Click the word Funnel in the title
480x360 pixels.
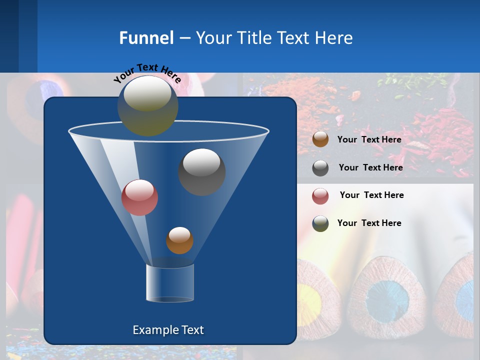pyautogui.click(x=146, y=38)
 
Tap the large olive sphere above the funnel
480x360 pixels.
pyautogui.click(x=148, y=105)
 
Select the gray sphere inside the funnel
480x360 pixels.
pyautogui.click(x=202, y=171)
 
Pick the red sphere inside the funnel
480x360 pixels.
pyautogui.click(x=139, y=197)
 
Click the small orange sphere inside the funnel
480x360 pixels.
pyautogui.click(x=179, y=240)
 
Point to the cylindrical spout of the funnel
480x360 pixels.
pyautogui.click(x=170, y=283)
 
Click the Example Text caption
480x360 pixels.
pyautogui.click(x=168, y=330)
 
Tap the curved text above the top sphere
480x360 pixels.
pyautogui.click(x=147, y=73)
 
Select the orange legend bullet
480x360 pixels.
pyautogui.click(x=320, y=139)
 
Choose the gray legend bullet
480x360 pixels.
pyautogui.click(x=320, y=167)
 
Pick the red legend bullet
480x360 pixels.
pyautogui.click(x=320, y=195)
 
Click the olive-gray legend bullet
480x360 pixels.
pyautogui.click(x=320, y=223)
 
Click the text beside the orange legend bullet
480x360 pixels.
pyautogui.click(x=369, y=139)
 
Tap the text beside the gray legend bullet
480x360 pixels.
pyautogui.click(x=370, y=167)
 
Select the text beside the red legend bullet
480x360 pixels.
pyautogui.click(x=371, y=195)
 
